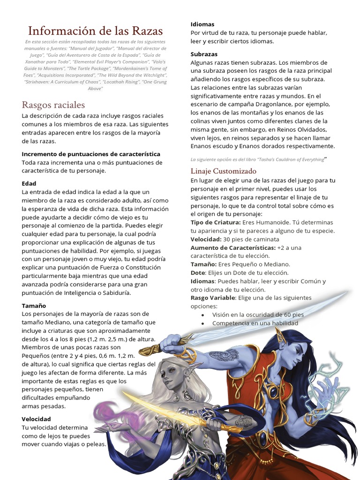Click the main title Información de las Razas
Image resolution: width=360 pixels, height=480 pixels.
[96, 31]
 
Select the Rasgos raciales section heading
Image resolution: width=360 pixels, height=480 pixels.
[53, 105]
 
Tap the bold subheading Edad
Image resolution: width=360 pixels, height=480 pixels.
[29, 183]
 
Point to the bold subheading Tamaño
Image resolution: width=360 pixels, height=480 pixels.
[34, 305]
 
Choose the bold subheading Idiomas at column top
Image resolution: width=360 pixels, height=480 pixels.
[202, 24]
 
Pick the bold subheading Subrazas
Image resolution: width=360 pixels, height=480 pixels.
[204, 54]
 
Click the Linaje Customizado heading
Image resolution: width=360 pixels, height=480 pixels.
[224, 171]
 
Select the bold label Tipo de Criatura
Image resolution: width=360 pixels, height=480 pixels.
[217, 222]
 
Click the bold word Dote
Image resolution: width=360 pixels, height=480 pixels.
[198, 272]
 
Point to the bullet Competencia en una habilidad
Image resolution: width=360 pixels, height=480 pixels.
[255, 323]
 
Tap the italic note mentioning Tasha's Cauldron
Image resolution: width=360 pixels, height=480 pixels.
[257, 159]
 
